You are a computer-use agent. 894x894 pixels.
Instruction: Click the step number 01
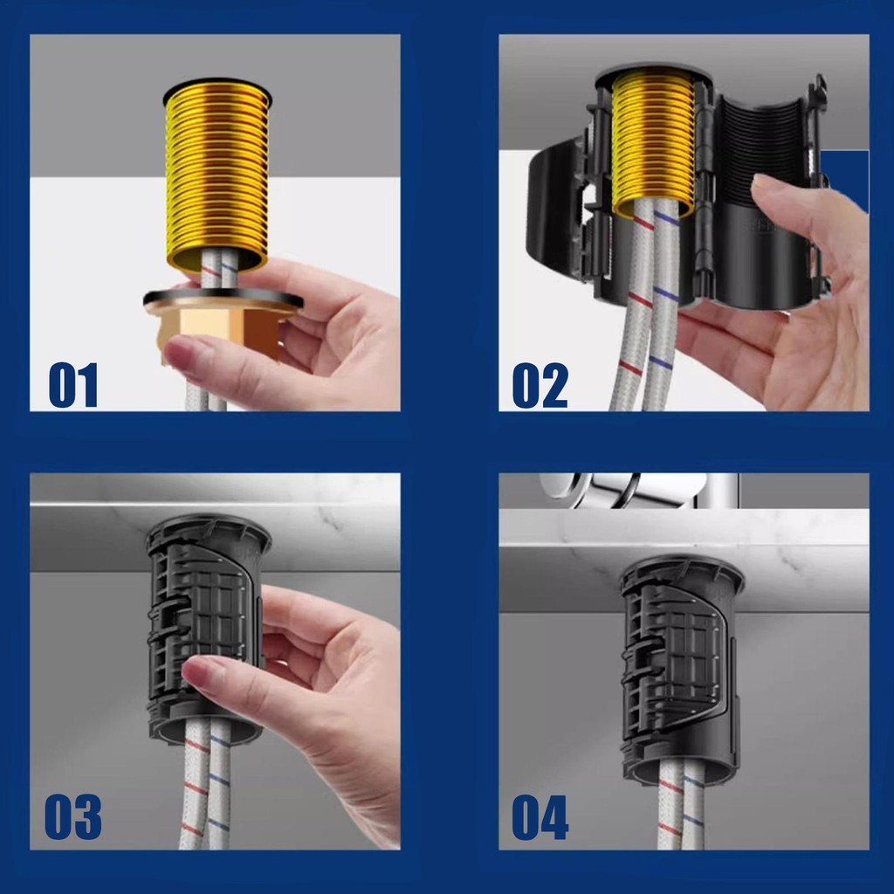click(x=73, y=385)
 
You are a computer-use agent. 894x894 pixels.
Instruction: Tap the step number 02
click(x=540, y=385)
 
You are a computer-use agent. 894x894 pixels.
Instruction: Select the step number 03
click(x=73, y=817)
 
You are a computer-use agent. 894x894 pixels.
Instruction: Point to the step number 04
click(x=540, y=817)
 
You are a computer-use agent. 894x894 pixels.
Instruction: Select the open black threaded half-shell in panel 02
click(x=764, y=194)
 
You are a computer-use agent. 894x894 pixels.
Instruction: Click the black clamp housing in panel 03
click(x=206, y=627)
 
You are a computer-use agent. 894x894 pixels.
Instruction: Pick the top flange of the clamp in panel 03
click(x=208, y=527)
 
